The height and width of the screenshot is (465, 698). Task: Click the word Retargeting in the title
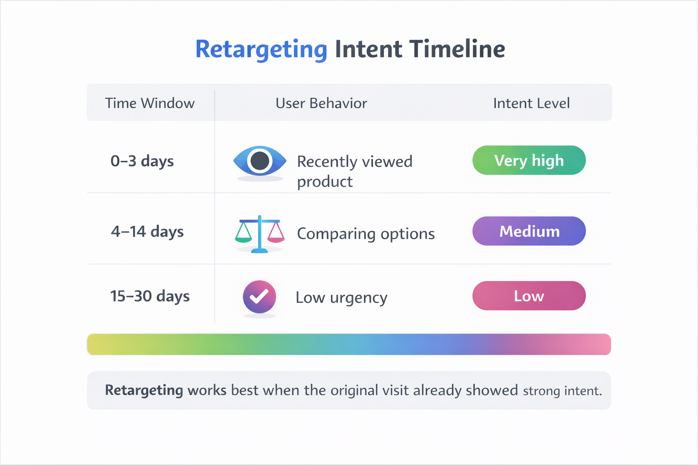tap(261, 49)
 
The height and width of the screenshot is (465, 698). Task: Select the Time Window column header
tap(150, 103)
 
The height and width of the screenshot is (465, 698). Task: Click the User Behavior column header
tap(321, 103)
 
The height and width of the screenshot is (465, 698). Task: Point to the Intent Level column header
tap(531, 103)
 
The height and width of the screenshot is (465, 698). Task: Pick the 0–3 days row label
tap(142, 161)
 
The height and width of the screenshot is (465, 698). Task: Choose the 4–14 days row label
tap(147, 232)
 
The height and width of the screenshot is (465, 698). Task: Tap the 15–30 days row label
tap(150, 296)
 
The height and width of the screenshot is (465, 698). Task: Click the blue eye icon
tap(259, 161)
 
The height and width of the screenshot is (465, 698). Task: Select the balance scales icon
tap(259, 233)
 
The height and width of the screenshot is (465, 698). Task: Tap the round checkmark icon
tap(259, 297)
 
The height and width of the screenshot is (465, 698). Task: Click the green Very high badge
tap(529, 160)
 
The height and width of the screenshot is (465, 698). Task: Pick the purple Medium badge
tap(529, 231)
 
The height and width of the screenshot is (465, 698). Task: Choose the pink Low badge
tap(529, 296)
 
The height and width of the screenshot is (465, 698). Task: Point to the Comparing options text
tap(366, 233)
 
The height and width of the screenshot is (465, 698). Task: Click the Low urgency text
tap(341, 297)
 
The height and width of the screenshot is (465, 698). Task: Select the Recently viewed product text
tap(354, 171)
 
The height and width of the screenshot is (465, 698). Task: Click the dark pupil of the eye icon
tap(260, 161)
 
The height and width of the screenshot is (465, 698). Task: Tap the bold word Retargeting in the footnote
tap(144, 390)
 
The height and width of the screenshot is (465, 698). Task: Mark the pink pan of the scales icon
tap(276, 233)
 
